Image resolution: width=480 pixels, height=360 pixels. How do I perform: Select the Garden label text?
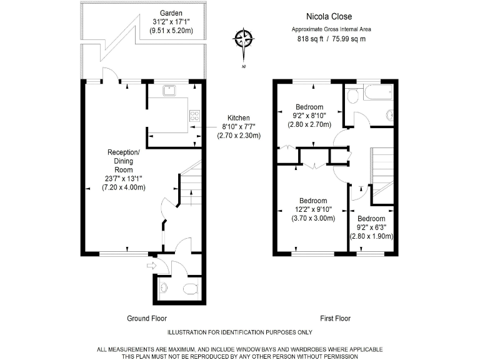(171, 13)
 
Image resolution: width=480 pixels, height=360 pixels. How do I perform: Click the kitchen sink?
(169, 91)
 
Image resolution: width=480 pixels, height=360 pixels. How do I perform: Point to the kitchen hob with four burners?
(194, 116)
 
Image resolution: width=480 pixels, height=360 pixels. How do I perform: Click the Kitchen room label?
(238, 117)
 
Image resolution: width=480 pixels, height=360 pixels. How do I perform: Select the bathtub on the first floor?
(376, 94)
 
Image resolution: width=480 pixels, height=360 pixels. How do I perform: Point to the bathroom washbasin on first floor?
(390, 114)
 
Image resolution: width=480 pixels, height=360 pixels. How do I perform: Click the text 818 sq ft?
(311, 39)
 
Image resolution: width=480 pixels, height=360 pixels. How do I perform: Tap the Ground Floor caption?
(147, 318)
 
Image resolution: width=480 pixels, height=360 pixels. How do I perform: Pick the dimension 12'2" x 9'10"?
(313, 209)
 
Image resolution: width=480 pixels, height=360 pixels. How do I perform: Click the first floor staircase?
(383, 169)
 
